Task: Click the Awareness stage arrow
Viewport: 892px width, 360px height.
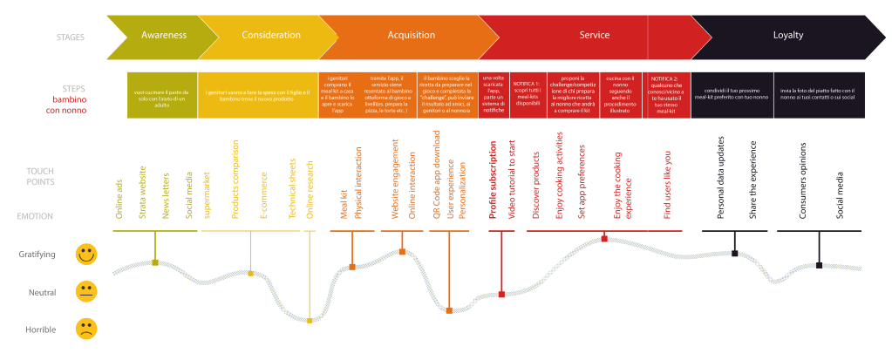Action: (x=164, y=36)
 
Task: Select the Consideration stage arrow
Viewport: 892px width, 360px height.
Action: (x=270, y=36)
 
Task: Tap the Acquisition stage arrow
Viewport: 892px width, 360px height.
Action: (x=411, y=36)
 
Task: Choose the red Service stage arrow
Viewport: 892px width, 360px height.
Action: (x=594, y=36)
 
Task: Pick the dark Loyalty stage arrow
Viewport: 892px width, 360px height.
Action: (x=787, y=36)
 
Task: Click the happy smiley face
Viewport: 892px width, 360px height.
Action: (x=85, y=255)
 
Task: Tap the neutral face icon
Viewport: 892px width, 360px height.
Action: (x=85, y=292)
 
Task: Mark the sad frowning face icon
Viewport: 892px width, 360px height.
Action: (x=85, y=329)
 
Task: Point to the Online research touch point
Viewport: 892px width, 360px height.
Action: (x=310, y=187)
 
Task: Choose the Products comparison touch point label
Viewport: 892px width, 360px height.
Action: (x=235, y=179)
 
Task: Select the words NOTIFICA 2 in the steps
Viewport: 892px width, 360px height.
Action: (x=669, y=77)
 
